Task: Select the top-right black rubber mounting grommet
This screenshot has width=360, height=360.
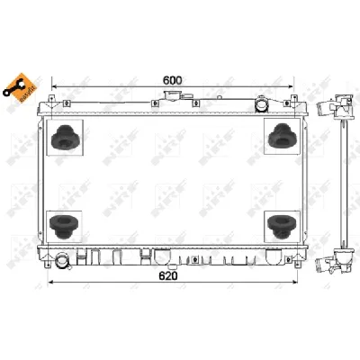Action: click(280, 135)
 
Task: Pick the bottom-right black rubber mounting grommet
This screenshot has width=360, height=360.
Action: click(280, 225)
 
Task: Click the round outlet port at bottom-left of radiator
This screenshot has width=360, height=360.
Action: click(62, 262)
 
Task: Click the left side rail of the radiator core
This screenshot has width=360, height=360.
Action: click(41, 180)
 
